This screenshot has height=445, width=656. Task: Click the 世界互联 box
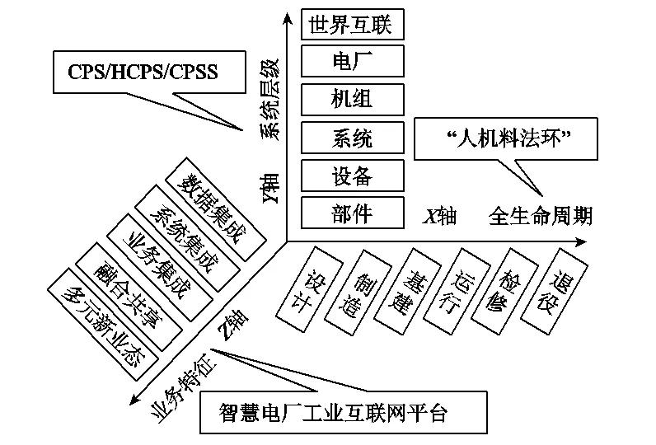tap(352, 24)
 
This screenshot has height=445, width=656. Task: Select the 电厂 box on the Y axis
tap(352, 61)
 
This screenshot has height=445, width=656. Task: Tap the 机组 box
tap(352, 99)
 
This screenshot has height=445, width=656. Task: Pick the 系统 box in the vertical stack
tap(352, 137)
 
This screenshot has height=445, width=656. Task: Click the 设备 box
tap(352, 175)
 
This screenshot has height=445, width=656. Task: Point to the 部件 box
tap(352, 213)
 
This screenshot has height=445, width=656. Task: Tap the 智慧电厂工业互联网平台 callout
tap(333, 413)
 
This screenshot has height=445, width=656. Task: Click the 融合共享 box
tap(127, 293)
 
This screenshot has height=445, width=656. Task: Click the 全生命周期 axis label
tap(539, 218)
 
